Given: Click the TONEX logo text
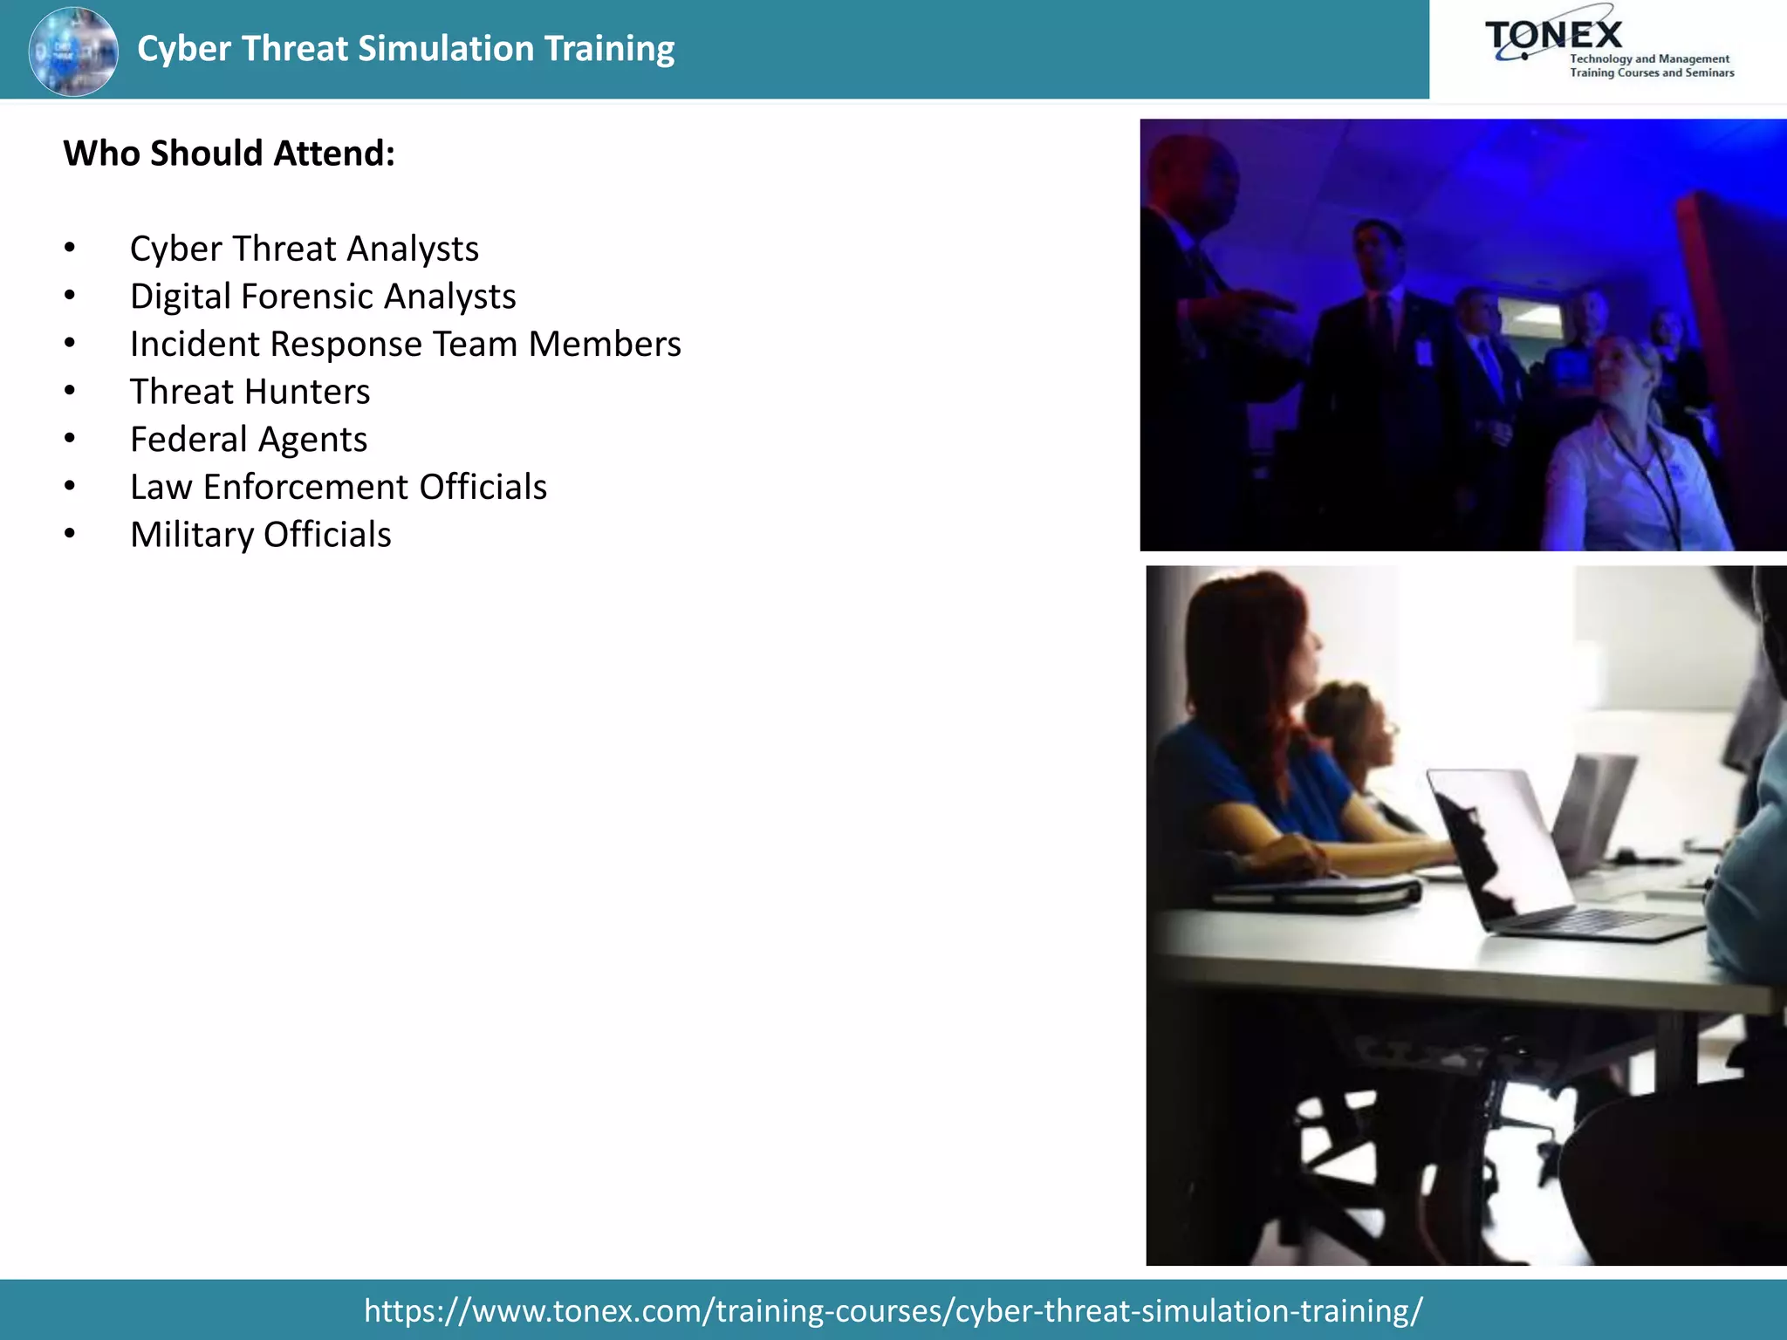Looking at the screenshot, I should pyautogui.click(x=1554, y=35).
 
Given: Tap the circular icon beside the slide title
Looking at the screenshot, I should pyautogui.click(x=73, y=51).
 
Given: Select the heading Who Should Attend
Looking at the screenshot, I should pyautogui.click(x=229, y=154).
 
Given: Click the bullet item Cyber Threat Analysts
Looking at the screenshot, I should pyautogui.click(x=304, y=250).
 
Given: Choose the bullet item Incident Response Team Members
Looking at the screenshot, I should pyautogui.click(x=405, y=345).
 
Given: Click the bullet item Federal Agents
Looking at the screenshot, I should pyautogui.click(x=249, y=440).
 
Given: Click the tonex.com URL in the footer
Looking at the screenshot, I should pyautogui.click(x=893, y=1310).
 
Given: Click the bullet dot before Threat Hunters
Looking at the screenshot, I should pyautogui.click(x=70, y=392).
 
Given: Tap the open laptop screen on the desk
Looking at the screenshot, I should pyautogui.click(x=1501, y=837).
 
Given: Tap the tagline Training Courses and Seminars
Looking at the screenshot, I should pyautogui.click(x=1652, y=73).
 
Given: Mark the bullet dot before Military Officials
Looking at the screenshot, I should pyautogui.click(x=70, y=535).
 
